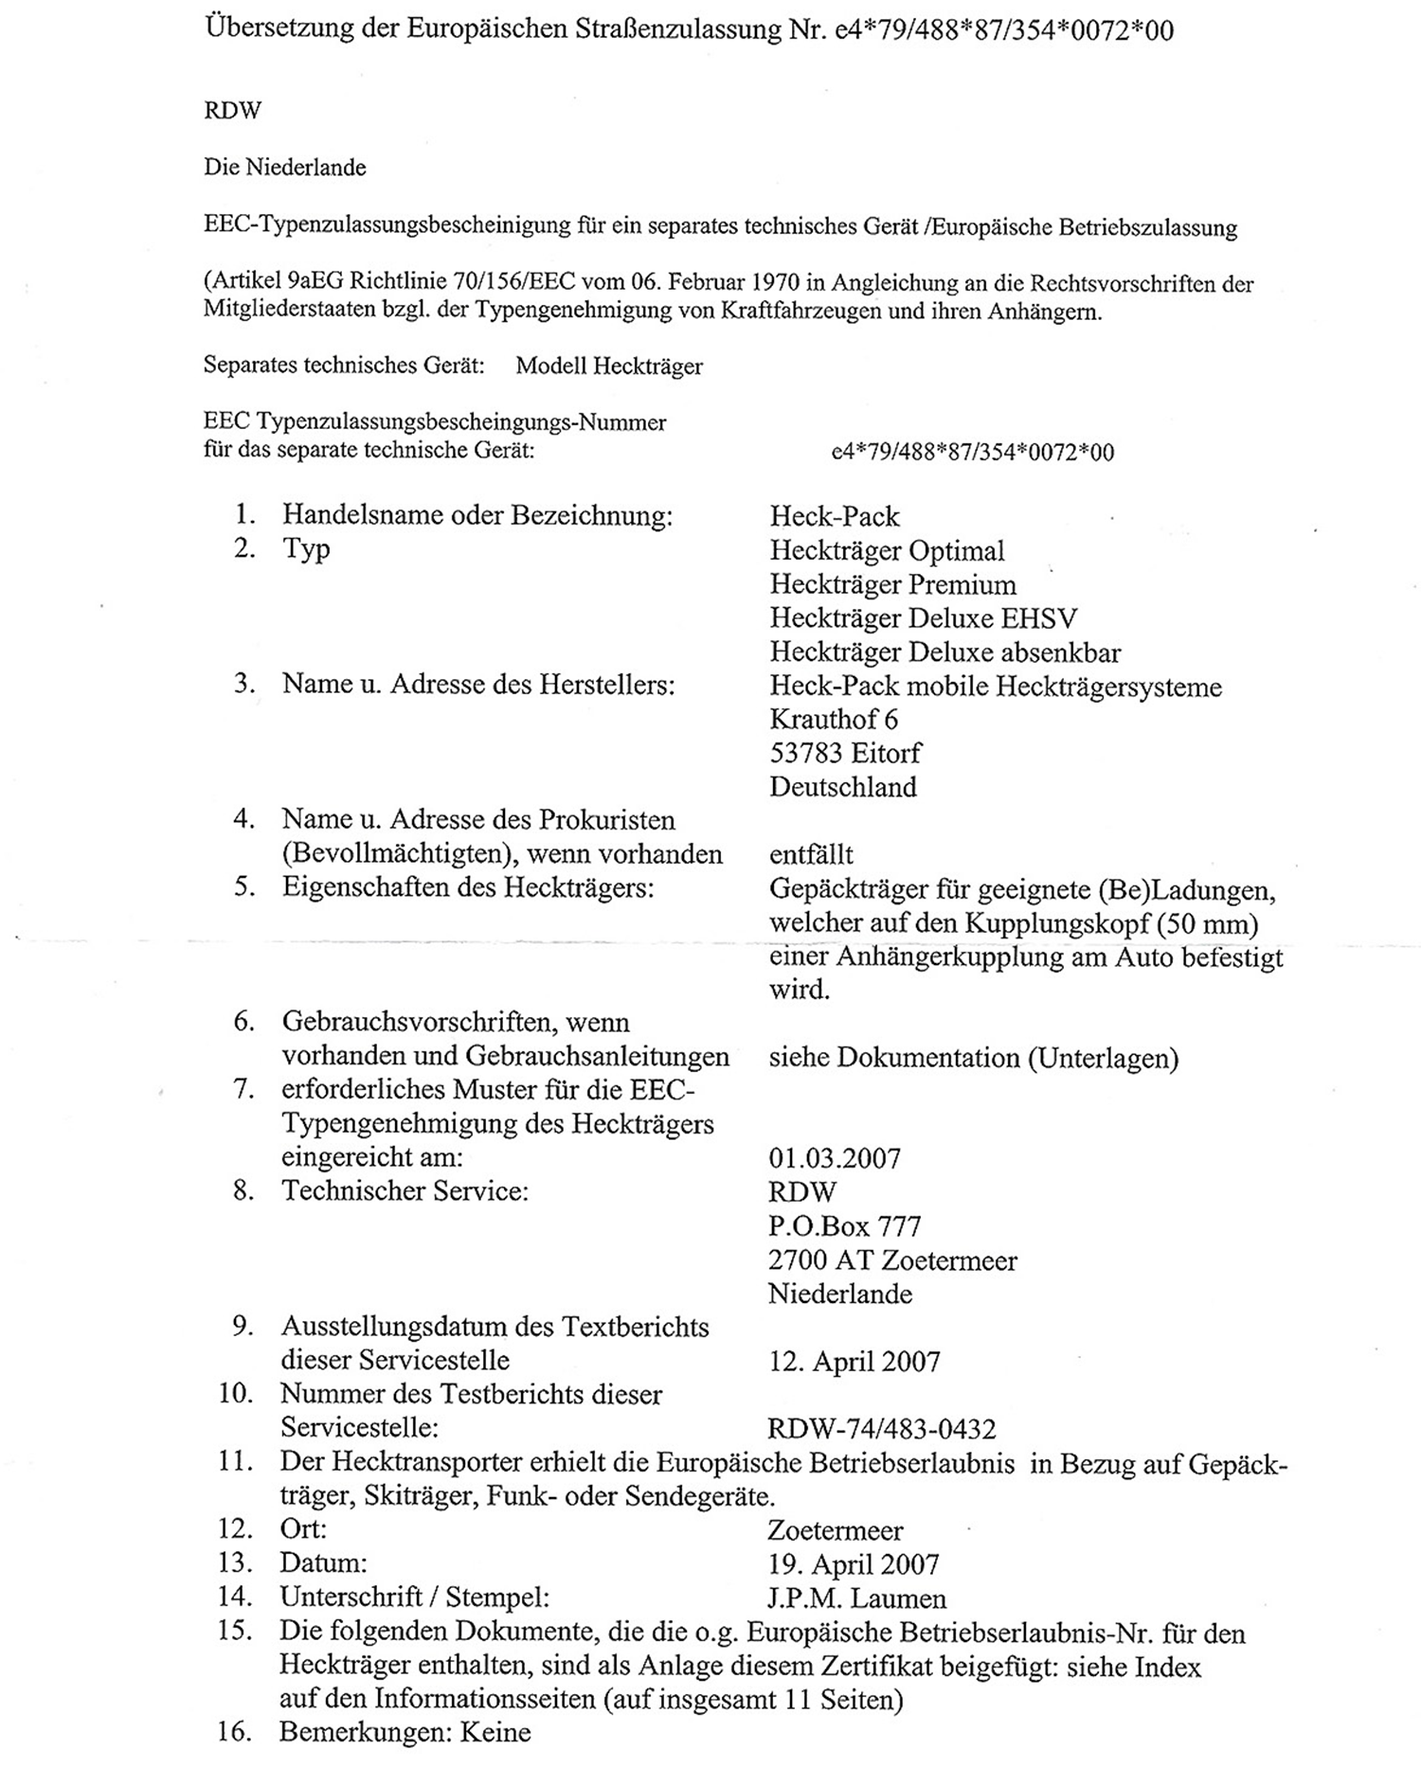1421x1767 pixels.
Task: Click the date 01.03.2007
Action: tap(835, 1158)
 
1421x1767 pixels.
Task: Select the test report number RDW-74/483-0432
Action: tap(881, 1428)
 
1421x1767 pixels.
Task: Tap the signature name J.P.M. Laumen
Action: tap(856, 1598)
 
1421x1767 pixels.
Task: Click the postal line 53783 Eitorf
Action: tap(845, 753)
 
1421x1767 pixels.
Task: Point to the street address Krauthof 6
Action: tap(834, 719)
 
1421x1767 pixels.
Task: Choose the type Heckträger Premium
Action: tap(892, 584)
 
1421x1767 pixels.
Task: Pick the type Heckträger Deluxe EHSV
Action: tap(923, 618)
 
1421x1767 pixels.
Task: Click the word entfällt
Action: tap(811, 854)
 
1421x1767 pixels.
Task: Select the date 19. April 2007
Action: tap(854, 1564)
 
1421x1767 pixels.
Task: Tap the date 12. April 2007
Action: tap(854, 1362)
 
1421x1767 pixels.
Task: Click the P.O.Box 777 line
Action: tap(844, 1226)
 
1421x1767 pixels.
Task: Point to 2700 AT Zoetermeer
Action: tap(892, 1260)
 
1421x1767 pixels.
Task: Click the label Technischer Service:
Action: tap(405, 1190)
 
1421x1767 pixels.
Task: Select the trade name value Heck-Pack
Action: tap(835, 516)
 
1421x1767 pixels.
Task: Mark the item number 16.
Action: tap(234, 1733)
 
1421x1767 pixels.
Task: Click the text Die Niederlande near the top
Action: tap(284, 168)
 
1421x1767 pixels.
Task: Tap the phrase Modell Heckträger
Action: tap(609, 366)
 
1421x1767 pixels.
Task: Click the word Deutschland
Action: tap(842, 787)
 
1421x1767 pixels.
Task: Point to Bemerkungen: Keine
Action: tap(405, 1733)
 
